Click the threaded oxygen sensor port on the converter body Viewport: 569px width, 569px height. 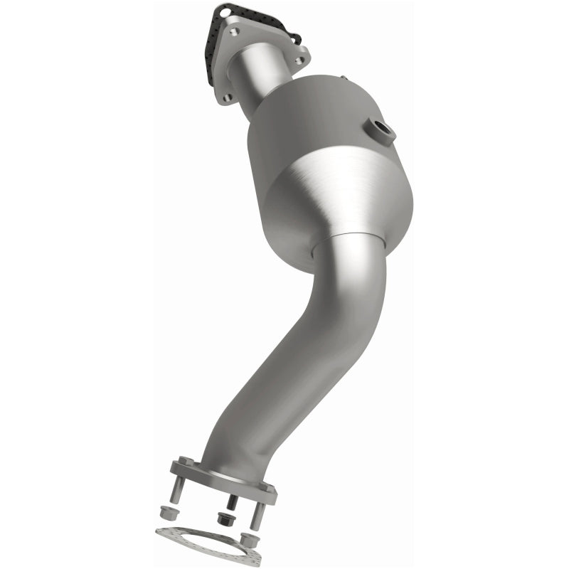coord(382,131)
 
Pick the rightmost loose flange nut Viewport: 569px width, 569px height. coord(250,541)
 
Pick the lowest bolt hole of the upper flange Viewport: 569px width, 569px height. coord(226,97)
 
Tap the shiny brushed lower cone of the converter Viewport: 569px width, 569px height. coord(334,199)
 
